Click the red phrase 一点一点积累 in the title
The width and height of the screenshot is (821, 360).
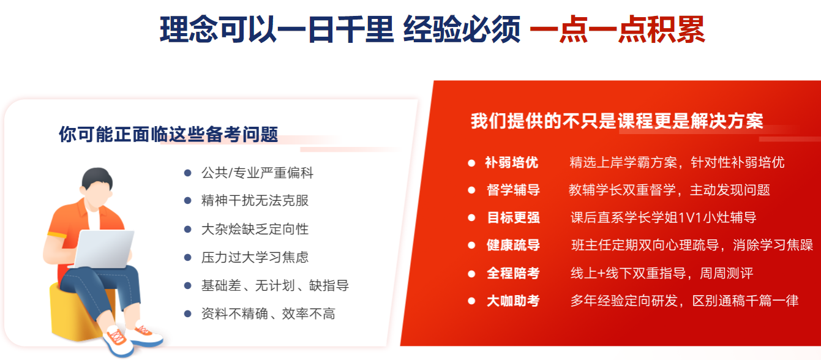(618, 30)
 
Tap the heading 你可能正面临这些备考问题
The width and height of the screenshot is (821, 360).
(168, 134)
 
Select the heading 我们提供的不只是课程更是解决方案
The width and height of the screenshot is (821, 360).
(617, 121)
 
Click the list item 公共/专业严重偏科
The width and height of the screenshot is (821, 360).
(257, 173)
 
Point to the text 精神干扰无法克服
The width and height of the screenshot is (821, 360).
(255, 201)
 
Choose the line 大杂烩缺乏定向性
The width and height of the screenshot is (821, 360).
(255, 229)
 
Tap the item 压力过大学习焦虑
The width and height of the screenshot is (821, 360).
(255, 257)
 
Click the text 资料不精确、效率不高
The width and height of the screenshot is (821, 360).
(268, 314)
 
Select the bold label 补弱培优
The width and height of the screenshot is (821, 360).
(512, 162)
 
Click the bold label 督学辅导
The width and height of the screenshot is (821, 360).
(513, 190)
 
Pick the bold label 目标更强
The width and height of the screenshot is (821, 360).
(513, 217)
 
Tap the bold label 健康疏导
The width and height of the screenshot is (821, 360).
(513, 245)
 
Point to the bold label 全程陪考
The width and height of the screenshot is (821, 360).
(513, 273)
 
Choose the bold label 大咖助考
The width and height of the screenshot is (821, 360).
(513, 301)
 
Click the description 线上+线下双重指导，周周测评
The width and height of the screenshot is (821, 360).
(662, 273)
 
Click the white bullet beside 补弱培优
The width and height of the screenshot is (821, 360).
(471, 163)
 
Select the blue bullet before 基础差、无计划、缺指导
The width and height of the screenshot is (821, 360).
(188, 285)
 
